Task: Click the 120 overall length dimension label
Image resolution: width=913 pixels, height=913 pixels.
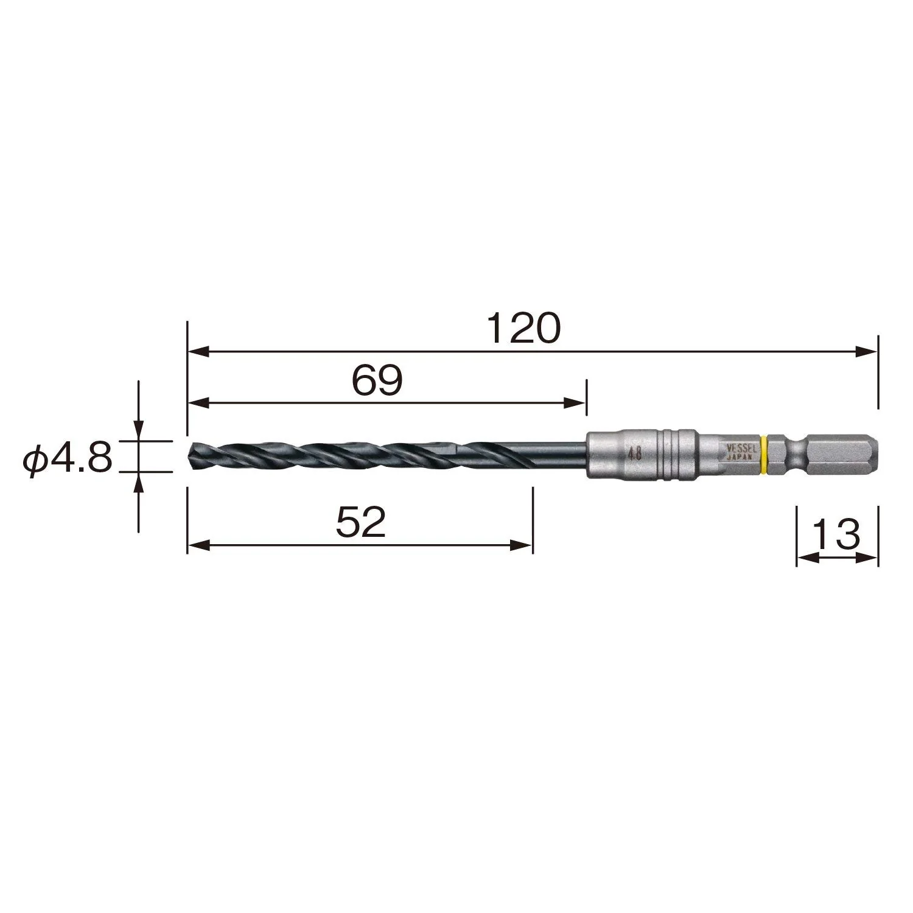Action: (523, 329)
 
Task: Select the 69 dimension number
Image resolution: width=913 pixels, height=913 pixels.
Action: (377, 382)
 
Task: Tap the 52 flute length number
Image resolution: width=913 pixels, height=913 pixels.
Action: (361, 523)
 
